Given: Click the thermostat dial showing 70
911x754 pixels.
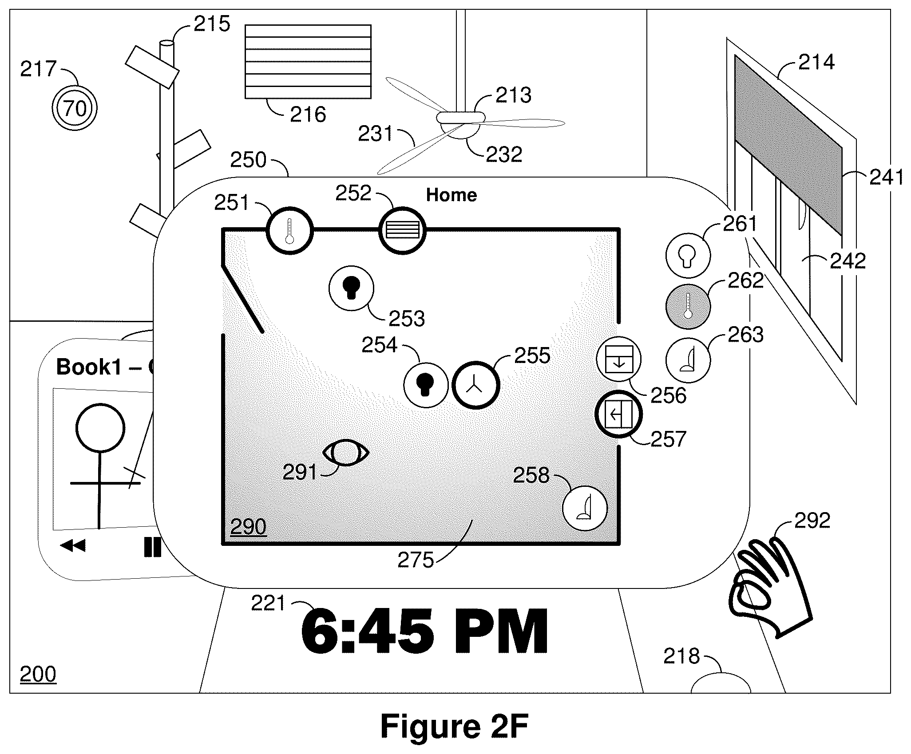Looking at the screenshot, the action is [74, 108].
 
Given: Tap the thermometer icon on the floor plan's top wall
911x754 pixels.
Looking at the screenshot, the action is [290, 231].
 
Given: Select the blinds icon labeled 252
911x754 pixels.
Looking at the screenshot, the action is [403, 231].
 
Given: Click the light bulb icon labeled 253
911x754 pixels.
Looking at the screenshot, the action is [351, 288].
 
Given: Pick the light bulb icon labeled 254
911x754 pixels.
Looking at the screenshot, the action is [426, 385].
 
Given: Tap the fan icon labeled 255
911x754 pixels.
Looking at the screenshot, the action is [475, 385].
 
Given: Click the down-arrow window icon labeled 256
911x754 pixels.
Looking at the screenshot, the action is [618, 359].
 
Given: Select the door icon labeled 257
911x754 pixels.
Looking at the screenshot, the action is [618, 414].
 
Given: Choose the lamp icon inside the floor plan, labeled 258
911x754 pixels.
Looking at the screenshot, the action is [585, 508].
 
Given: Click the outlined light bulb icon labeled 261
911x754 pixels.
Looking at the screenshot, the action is [688, 255].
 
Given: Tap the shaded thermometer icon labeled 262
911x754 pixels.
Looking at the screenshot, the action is [688, 306].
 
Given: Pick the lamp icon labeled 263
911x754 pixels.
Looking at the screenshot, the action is [688, 360].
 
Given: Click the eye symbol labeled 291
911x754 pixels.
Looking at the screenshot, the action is [346, 453].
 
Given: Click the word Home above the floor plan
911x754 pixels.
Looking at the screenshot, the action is [452, 195].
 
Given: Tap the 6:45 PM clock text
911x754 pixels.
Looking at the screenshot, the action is [425, 631].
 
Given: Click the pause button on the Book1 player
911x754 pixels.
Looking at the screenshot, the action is [152, 547].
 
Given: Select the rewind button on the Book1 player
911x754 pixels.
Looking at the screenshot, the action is [73, 546].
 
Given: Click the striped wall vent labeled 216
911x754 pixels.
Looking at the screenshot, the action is [308, 61].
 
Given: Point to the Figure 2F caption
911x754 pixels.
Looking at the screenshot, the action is [454, 726].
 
